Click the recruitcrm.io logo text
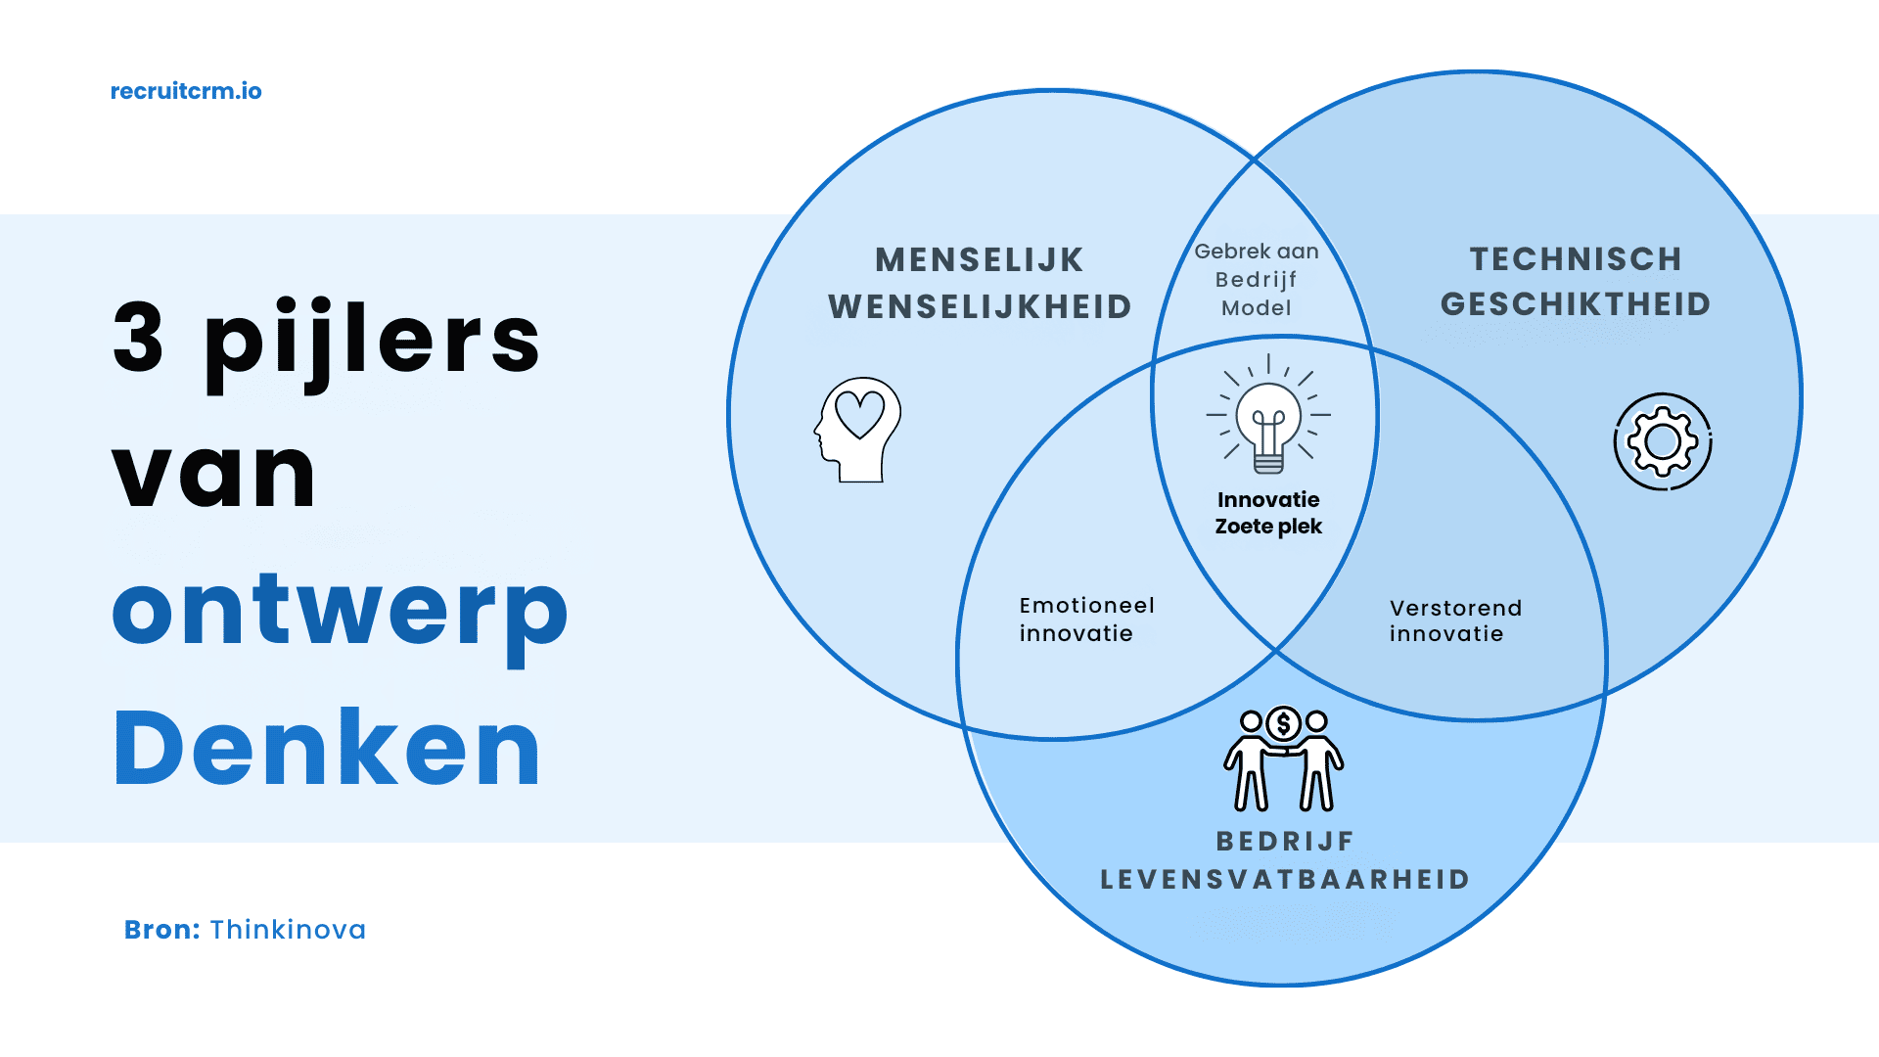click(186, 91)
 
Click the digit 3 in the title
click(138, 338)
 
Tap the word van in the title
click(214, 475)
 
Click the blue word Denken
click(327, 749)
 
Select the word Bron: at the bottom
click(161, 930)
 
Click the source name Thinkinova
click(288, 930)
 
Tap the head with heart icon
click(858, 430)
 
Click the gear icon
click(1663, 441)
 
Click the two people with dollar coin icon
click(1283, 759)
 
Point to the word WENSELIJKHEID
click(980, 307)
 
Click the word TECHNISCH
click(1576, 259)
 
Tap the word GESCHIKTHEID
click(1576, 304)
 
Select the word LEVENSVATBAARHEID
click(1285, 880)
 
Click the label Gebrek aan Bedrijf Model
click(1257, 280)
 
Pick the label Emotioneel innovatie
click(1086, 620)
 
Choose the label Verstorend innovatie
click(1455, 620)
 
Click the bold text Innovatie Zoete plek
click(1268, 513)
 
